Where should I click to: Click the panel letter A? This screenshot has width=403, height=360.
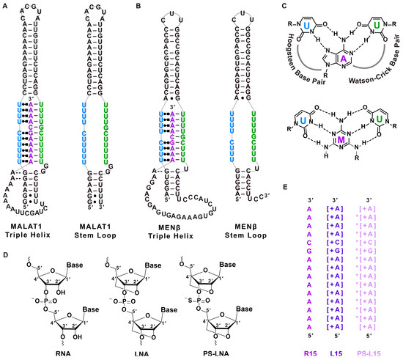coord(4,5)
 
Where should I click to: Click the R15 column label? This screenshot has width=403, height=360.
coord(316,352)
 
